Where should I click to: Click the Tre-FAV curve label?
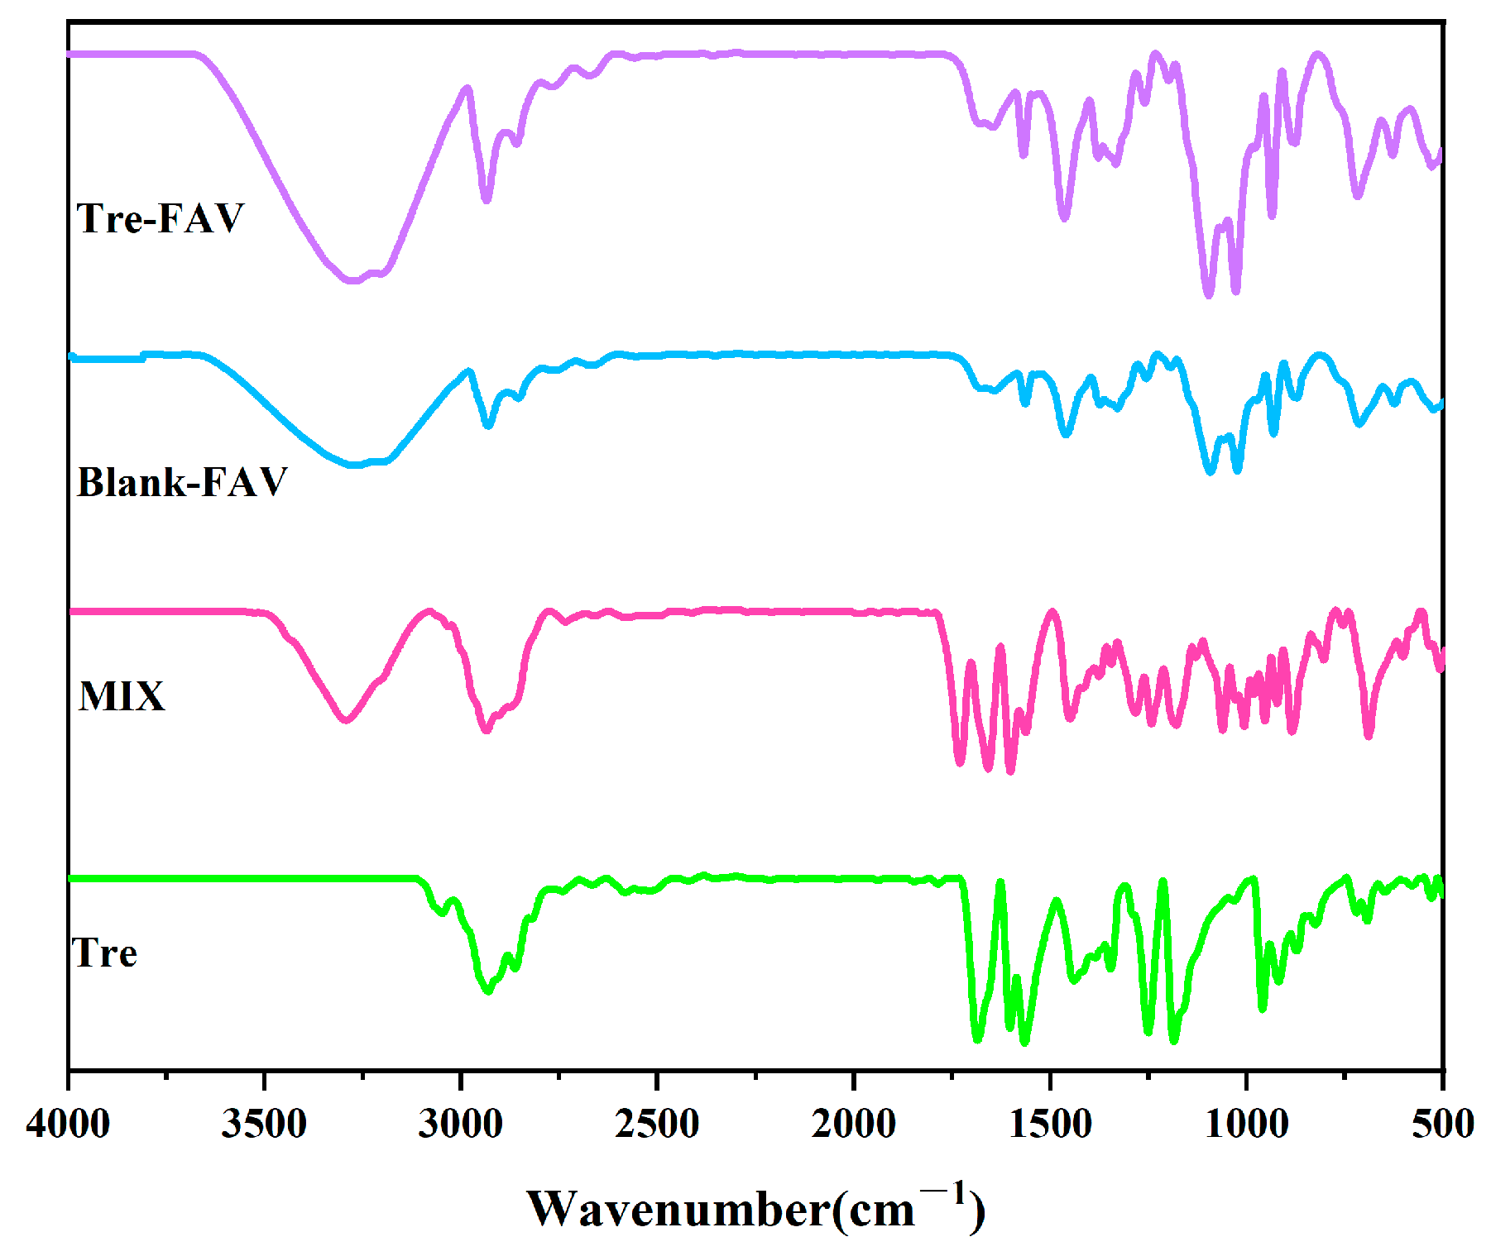pyautogui.click(x=161, y=218)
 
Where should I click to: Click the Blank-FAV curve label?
pyautogui.click(x=182, y=482)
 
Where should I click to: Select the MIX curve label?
pyautogui.click(x=122, y=696)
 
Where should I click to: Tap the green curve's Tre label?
pyautogui.click(x=104, y=953)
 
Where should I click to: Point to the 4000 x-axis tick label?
pyautogui.click(x=68, y=1125)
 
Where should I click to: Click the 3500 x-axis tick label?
pyautogui.click(x=264, y=1125)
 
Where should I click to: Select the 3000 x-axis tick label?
pyautogui.click(x=460, y=1125)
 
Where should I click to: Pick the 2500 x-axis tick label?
pyautogui.click(x=657, y=1125)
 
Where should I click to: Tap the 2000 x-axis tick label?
pyautogui.click(x=853, y=1125)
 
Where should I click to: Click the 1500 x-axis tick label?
pyautogui.click(x=1050, y=1125)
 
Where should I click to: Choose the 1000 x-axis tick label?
pyautogui.click(x=1246, y=1125)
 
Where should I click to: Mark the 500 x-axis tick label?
pyautogui.click(x=1442, y=1125)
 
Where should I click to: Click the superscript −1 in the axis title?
pyautogui.click(x=944, y=1193)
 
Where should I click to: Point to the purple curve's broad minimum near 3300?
pyautogui.click(x=353, y=280)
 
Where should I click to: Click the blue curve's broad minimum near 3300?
pyautogui.click(x=355, y=465)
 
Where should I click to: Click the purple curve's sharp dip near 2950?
pyautogui.click(x=487, y=199)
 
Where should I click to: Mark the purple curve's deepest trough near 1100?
pyautogui.click(x=1209, y=294)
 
